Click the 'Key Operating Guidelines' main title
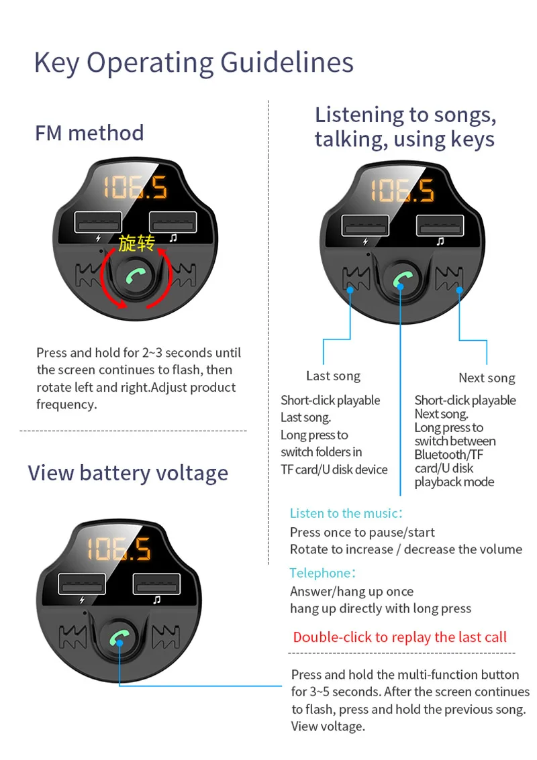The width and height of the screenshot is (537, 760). click(193, 63)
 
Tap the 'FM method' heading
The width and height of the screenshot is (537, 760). click(89, 133)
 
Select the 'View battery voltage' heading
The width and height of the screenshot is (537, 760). click(128, 473)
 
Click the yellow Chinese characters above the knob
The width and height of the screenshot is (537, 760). click(136, 243)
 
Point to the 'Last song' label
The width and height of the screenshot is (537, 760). click(333, 376)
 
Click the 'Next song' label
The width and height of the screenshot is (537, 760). click(487, 378)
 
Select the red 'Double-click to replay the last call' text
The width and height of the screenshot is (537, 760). click(399, 637)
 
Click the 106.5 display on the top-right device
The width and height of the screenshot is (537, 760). click(403, 191)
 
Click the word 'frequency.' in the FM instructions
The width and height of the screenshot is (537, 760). click(66, 404)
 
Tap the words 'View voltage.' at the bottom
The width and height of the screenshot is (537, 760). click(328, 726)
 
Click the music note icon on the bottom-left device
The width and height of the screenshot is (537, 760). click(156, 600)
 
